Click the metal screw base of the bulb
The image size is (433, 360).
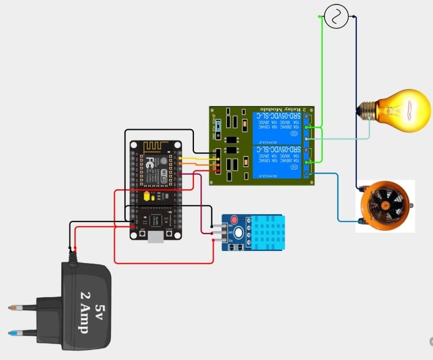click(x=367, y=108)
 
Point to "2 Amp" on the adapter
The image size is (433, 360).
click(x=83, y=312)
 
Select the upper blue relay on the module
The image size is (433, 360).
click(x=277, y=127)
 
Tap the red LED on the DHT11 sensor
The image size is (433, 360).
click(x=234, y=220)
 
